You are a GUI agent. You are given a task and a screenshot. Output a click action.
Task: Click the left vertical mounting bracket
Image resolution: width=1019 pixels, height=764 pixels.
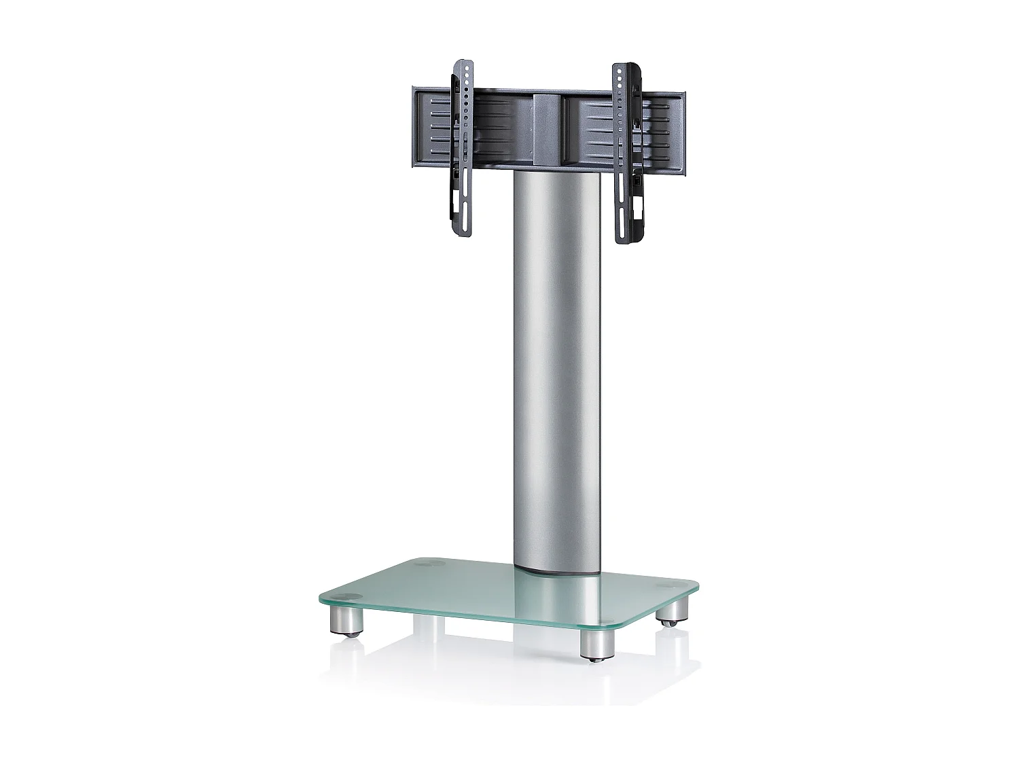click(x=462, y=149)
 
